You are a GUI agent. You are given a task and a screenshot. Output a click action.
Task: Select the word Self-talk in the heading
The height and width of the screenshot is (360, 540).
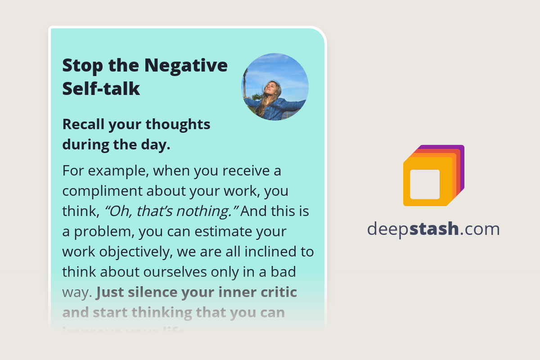(x=101, y=89)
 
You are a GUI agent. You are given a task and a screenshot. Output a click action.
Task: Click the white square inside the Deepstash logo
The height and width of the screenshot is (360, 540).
(x=425, y=184)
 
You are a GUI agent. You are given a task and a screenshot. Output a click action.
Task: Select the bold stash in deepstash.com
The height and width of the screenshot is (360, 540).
(x=435, y=229)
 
